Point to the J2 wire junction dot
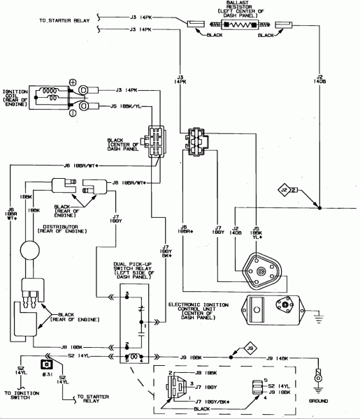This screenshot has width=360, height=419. coord(319,208)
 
